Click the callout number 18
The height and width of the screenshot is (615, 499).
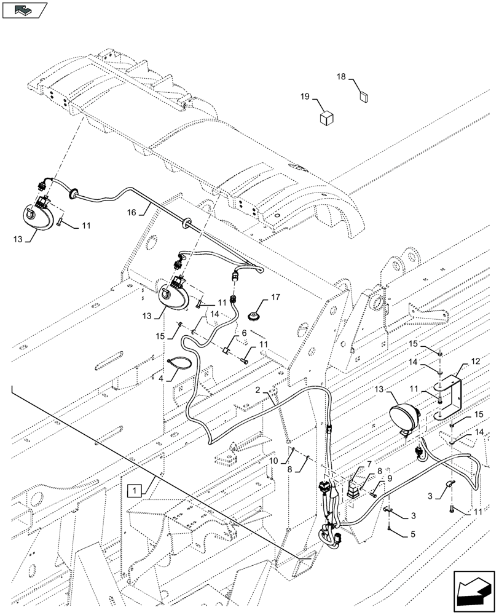[x=341, y=77]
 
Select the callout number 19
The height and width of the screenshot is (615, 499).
[x=304, y=97]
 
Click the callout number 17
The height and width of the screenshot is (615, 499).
[x=275, y=298]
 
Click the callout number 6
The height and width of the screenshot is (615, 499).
[x=244, y=332]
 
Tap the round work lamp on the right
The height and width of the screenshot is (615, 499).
[x=403, y=418]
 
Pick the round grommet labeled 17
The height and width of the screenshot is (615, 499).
[x=252, y=316]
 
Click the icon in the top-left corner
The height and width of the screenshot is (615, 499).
[x=25, y=10]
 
